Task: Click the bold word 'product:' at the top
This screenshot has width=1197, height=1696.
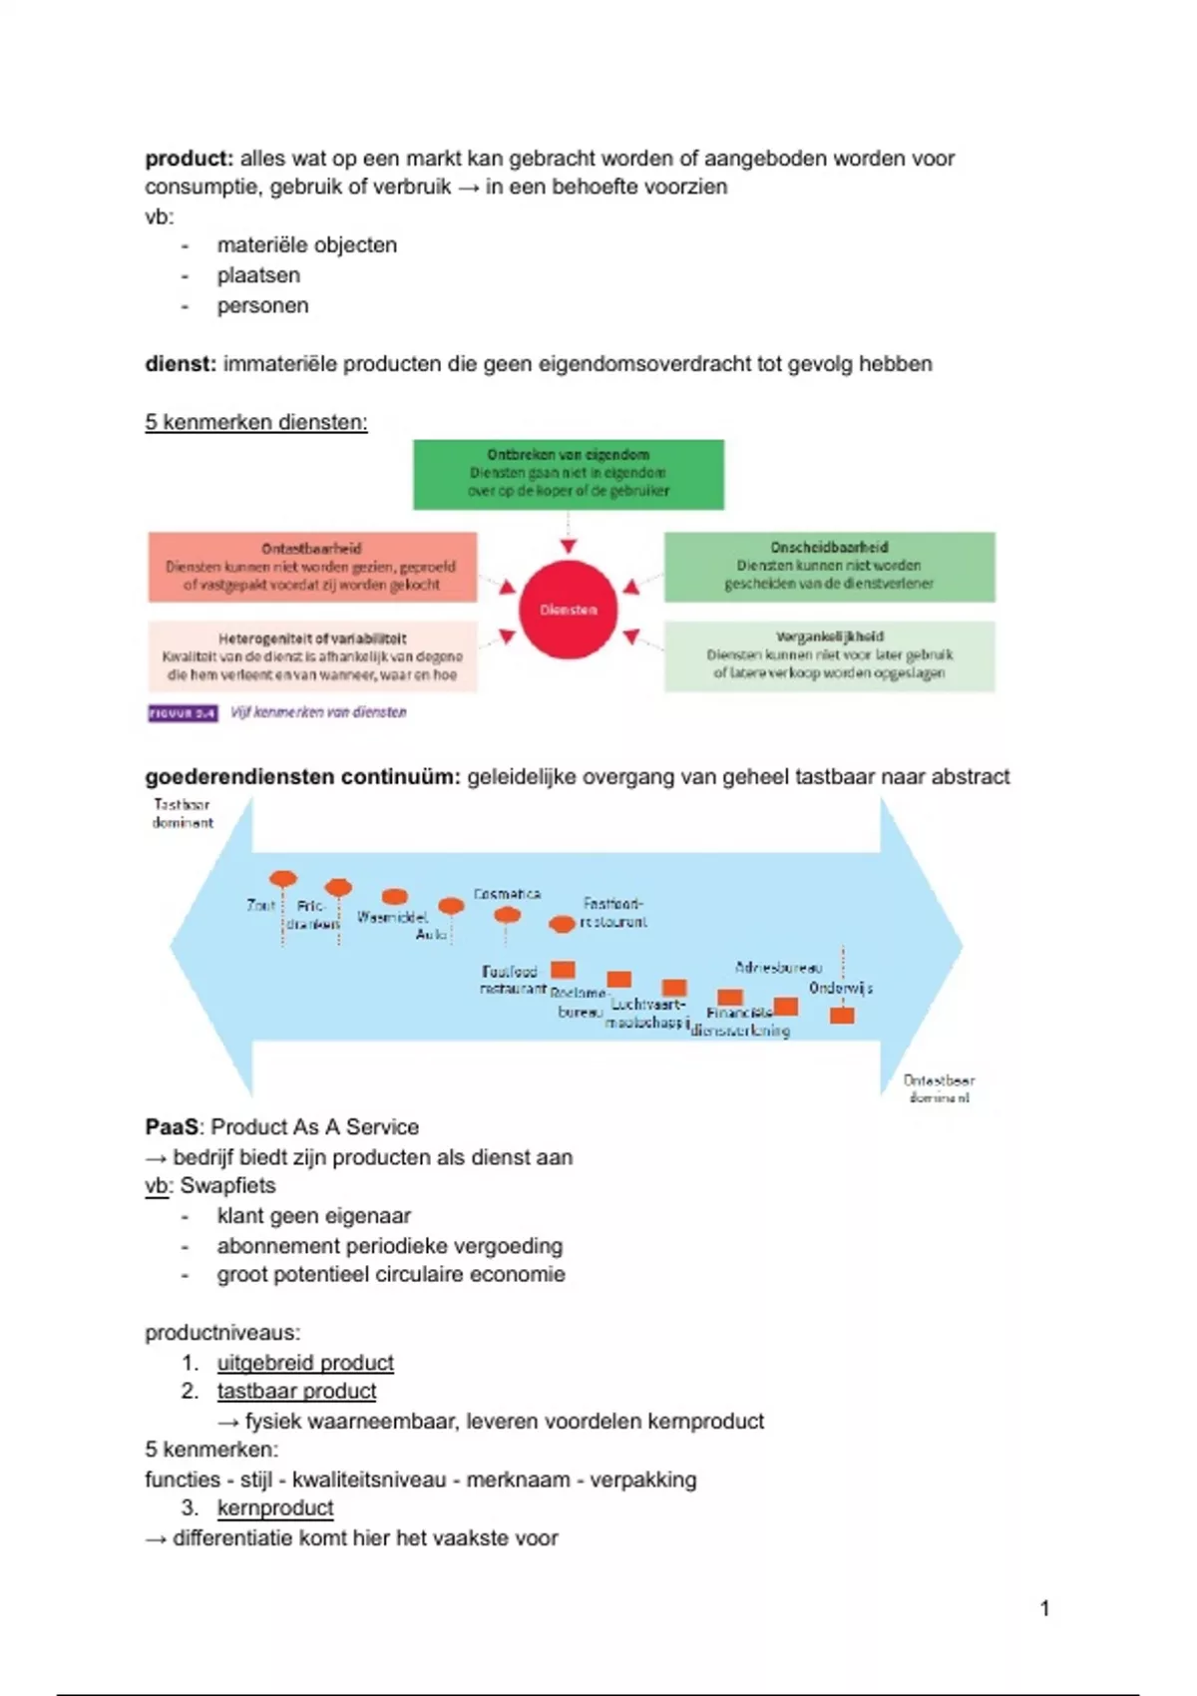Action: (189, 159)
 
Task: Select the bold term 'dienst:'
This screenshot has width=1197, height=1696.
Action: (180, 364)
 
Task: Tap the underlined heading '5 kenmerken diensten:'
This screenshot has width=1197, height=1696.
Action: (255, 422)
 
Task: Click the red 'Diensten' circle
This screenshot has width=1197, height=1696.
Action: (569, 609)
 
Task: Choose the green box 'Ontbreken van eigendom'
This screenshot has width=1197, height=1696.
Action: (569, 474)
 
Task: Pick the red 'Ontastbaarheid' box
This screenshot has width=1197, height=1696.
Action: (311, 567)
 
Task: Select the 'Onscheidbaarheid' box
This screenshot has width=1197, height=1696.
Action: (829, 566)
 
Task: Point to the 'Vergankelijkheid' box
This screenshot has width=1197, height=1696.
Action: (829, 655)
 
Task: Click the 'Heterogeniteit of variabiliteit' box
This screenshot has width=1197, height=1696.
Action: (311, 656)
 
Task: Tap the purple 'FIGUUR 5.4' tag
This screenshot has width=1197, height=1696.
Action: (183, 713)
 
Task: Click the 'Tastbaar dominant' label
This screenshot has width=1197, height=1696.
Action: (183, 813)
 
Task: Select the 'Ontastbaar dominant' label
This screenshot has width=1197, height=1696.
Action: (939, 1088)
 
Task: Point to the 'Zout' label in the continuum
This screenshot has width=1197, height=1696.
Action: (260, 905)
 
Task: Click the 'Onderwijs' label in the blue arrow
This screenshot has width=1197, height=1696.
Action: (841, 988)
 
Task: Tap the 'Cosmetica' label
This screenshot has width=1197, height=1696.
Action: (507, 894)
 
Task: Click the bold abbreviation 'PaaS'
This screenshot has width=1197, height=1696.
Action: (172, 1127)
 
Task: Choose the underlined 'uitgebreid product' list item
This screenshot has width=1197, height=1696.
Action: (305, 1363)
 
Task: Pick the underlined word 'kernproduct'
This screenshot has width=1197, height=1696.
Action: (275, 1508)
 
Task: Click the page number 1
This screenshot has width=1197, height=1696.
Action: (1044, 1608)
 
